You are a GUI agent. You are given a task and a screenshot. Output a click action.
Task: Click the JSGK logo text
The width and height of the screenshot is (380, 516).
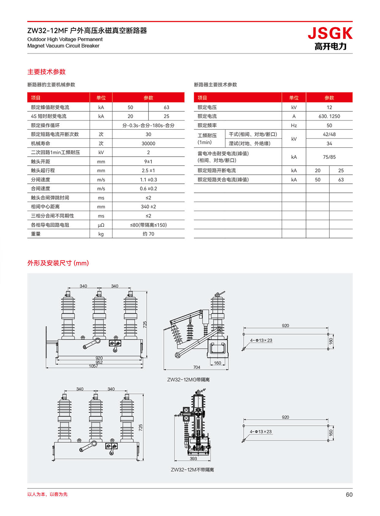coord(330,34)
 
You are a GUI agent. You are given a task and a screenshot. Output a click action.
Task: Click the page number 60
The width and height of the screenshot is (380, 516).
coord(349,495)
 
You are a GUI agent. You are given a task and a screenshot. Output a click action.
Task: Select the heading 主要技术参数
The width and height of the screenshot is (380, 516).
coord(46,72)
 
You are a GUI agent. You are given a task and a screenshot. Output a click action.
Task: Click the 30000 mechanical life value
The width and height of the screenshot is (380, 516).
coord(148,143)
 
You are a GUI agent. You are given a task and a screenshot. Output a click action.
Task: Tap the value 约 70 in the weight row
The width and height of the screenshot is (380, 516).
coord(148,234)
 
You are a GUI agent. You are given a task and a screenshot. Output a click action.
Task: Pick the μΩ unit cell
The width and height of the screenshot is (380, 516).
coord(101,225)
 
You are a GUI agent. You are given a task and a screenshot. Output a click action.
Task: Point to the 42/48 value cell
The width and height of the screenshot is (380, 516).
coord(329,134)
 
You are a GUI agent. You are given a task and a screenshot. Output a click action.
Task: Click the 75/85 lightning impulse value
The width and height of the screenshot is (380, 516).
coord(329,157)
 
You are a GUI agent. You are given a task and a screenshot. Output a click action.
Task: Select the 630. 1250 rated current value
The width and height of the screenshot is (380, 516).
coord(329,116)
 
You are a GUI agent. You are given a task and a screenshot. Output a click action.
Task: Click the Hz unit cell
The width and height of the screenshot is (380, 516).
coord(294,126)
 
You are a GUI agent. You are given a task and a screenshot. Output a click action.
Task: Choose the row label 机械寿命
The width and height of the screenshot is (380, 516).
coord(40,143)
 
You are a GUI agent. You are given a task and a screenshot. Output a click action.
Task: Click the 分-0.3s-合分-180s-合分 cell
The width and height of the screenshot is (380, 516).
coord(148,126)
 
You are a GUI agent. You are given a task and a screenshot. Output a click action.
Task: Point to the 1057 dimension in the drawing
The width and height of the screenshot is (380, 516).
coord(93,366)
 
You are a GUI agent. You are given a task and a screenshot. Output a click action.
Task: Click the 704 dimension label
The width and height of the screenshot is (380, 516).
coord(196,367)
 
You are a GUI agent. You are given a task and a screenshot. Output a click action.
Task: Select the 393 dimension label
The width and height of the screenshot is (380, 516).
coord(193,459)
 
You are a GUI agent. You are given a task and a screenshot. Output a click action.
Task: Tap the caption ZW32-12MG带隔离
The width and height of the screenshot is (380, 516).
coord(188,380)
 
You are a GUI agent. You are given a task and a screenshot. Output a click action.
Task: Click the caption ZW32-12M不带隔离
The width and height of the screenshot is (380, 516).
coord(192,470)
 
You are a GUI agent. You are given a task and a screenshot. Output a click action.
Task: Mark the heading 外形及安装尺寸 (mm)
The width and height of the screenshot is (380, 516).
coord(58,263)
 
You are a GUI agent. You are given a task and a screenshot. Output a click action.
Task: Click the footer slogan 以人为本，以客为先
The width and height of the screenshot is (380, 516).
coord(47,494)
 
